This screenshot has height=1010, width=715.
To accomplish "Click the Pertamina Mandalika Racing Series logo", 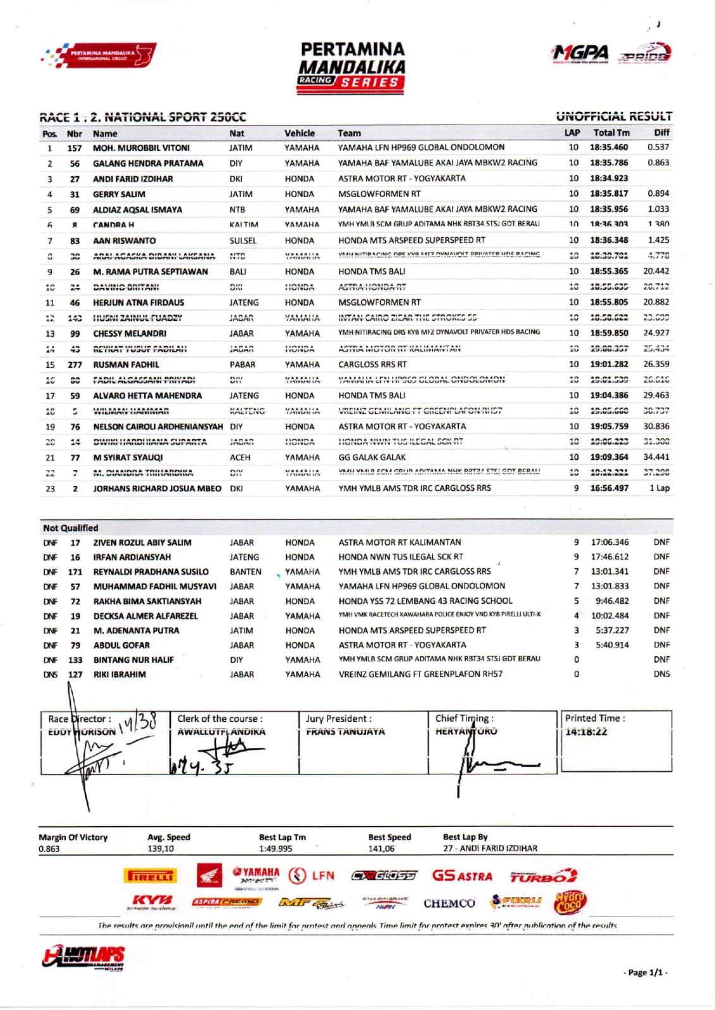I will pyautogui.click(x=352, y=67).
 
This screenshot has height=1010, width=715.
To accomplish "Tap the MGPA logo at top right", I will pyautogui.click(x=580, y=54).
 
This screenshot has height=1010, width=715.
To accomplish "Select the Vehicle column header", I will pyautogui.click(x=299, y=133).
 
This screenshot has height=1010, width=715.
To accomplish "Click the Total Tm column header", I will pyautogui.click(x=611, y=133).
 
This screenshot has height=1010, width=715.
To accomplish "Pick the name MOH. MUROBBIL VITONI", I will pyautogui.click(x=141, y=148).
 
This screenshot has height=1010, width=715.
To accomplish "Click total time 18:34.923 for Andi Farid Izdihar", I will pyautogui.click(x=609, y=178).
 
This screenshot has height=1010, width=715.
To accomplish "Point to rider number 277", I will pyautogui.click(x=75, y=364).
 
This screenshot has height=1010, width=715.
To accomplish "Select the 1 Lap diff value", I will pyautogui.click(x=659, y=488).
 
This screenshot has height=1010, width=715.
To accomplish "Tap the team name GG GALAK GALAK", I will pyautogui.click(x=372, y=457).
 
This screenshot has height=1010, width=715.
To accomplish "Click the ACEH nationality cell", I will pyautogui.click(x=240, y=457).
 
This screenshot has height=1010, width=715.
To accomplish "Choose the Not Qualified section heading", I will pyautogui.click(x=70, y=528).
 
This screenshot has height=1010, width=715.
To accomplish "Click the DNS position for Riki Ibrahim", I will pyautogui.click(x=50, y=674).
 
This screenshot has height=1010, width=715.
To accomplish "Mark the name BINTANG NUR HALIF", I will pyautogui.click(x=133, y=659).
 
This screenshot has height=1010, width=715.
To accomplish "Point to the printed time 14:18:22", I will pyautogui.click(x=586, y=731).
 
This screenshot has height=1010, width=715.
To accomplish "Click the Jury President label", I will pyautogui.click(x=339, y=719).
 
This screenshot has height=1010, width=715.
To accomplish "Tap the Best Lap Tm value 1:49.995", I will pyautogui.click(x=276, y=848).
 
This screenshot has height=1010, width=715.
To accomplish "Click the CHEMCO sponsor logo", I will pyautogui.click(x=449, y=903).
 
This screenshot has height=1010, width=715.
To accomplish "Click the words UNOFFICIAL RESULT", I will pyautogui.click(x=614, y=116).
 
